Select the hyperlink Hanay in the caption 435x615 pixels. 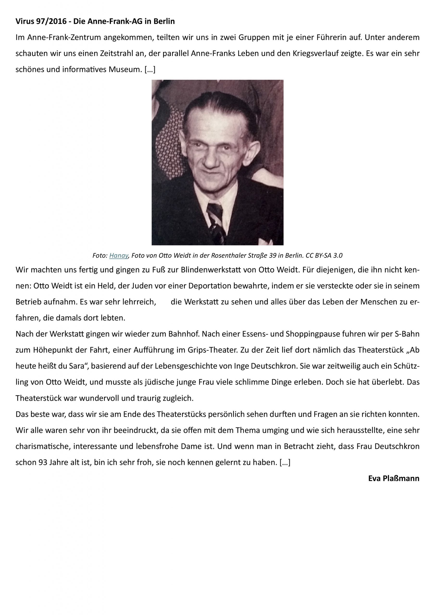(x=119, y=256)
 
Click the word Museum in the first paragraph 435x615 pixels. (x=125, y=70)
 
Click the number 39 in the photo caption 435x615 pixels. (x=273, y=256)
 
